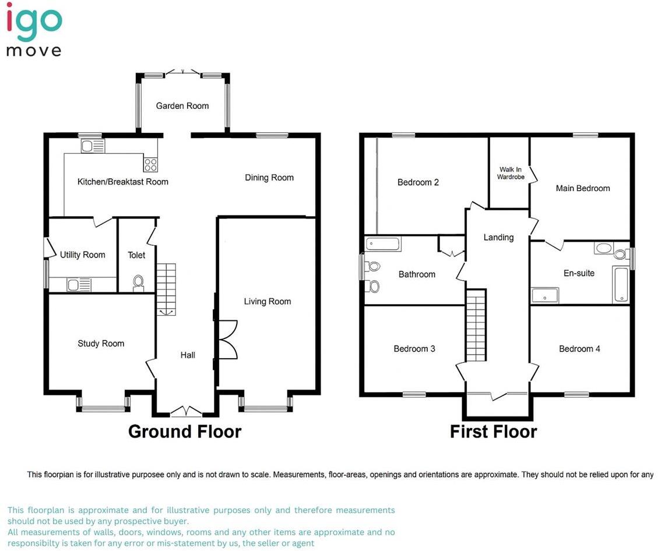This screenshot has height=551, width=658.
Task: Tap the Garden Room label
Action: pos(182,106)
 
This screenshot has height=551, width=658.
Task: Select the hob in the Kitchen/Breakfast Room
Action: pos(150,164)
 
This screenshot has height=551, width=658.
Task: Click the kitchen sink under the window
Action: pos(92,146)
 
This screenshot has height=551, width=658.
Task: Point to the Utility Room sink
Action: pos(79,285)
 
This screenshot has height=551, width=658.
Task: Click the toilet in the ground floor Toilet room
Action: pos(139,282)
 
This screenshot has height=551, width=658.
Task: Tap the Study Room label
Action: pos(101,344)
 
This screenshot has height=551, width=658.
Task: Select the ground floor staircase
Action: pos(166,289)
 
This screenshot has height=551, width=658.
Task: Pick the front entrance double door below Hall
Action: pos(187,412)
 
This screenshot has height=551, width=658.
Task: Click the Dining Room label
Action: pos(269,178)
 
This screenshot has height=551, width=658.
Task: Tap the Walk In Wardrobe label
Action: pos(511,173)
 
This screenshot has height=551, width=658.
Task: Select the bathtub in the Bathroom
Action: pos(383,243)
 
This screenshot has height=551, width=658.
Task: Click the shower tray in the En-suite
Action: pos(544,295)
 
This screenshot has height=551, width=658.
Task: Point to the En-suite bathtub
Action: pos(621,285)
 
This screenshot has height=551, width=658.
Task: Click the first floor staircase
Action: pos(476,325)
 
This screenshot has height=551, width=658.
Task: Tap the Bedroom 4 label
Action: pos(579,349)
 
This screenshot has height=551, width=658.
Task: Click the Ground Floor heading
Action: pos(184,432)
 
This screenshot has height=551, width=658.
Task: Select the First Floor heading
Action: pos(493,432)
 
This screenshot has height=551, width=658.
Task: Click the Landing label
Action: pos(498,237)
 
